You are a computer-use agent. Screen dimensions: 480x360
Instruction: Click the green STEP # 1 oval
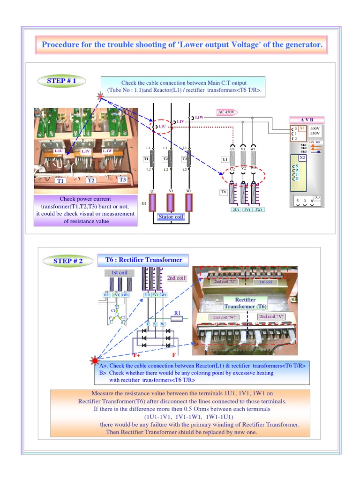pyautogui.click(x=61, y=81)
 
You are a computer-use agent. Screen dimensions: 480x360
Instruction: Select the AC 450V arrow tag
pyautogui.click(x=227, y=112)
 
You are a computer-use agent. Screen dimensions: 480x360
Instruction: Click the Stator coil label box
pyautogui.click(x=172, y=217)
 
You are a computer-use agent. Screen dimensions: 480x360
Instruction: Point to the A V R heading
pyautogui.click(x=307, y=120)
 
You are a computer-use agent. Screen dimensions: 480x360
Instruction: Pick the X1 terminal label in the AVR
pyautogui.click(x=302, y=127)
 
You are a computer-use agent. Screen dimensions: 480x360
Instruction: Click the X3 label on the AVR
pyautogui.click(x=317, y=197)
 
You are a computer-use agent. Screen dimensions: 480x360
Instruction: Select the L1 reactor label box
pyautogui.click(x=225, y=159)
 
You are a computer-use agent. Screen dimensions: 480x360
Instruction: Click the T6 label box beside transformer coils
pyautogui.click(x=224, y=192)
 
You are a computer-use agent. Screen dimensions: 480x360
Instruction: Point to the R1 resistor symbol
pyautogui.click(x=177, y=318)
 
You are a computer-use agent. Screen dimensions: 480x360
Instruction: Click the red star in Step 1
pyautogui.click(x=100, y=96)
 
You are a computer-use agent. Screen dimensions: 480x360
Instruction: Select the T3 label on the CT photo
pyautogui.click(x=122, y=180)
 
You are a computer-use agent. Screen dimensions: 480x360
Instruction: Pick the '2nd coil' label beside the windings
pyautogui.click(x=176, y=278)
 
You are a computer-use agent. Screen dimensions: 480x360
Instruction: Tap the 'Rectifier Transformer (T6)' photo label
pyautogui.click(x=245, y=303)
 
